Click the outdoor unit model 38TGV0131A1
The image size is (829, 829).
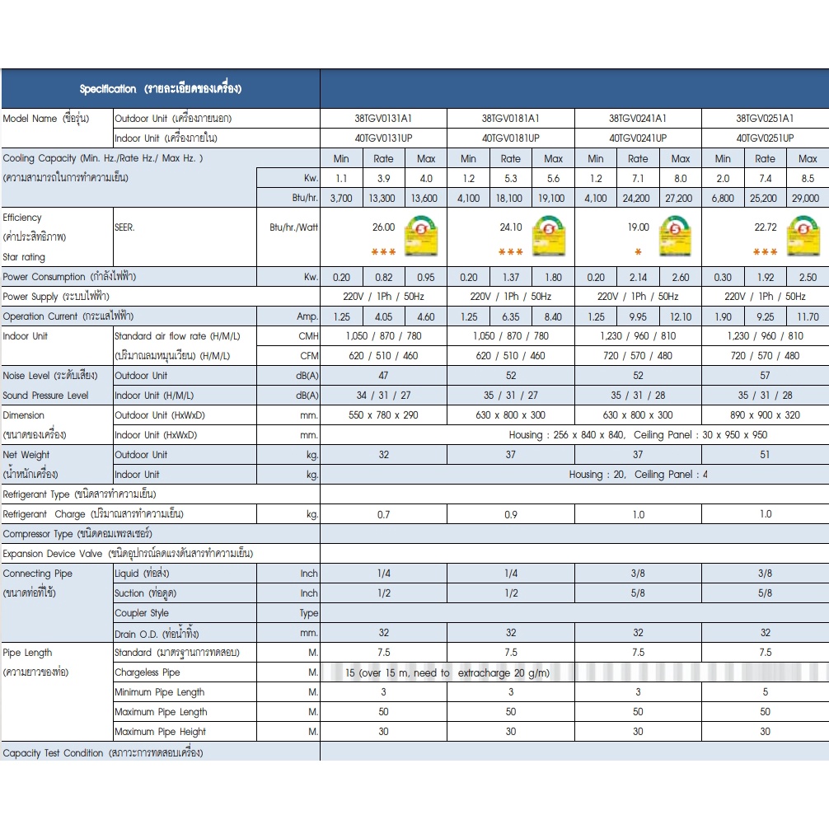coord(383,119)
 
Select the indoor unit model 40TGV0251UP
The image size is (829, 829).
coord(765,138)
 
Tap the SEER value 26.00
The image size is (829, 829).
coord(383,227)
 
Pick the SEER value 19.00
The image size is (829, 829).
coord(638,227)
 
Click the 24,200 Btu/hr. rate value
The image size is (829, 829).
coord(638,198)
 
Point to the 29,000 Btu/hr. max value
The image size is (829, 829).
coord(808,198)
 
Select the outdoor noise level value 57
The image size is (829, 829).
coord(765,376)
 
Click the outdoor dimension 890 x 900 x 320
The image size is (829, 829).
coord(765,415)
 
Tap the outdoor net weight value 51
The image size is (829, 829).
coord(765,455)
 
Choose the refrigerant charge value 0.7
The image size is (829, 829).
coord(383,514)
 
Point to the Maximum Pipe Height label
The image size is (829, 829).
coord(161,732)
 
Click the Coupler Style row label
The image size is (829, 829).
coord(142,613)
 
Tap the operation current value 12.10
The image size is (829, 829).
coord(681,316)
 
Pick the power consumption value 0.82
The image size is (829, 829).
coord(383,277)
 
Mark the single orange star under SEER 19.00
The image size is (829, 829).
coord(638,252)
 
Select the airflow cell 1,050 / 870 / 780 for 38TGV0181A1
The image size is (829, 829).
coord(511,336)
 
